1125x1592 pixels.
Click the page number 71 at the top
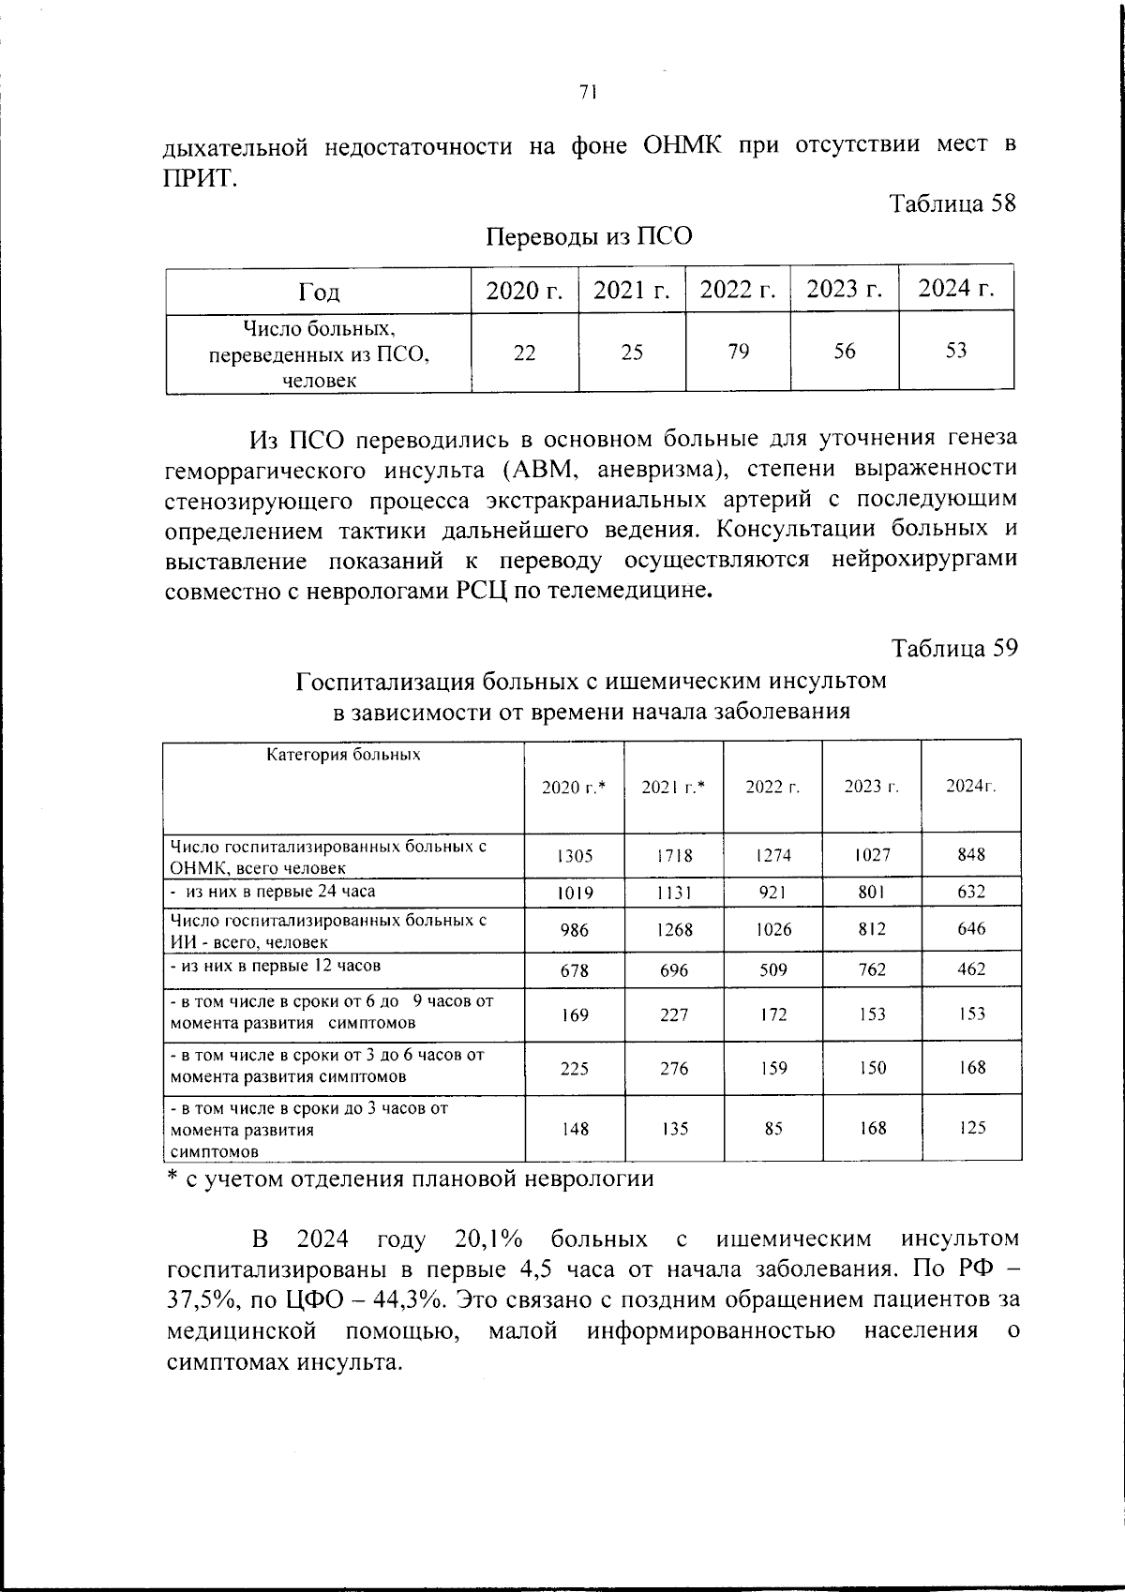click(588, 92)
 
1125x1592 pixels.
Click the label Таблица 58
click(952, 203)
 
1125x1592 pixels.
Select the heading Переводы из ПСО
click(589, 236)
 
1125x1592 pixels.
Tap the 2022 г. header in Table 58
click(738, 291)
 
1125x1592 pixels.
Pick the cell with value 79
click(738, 352)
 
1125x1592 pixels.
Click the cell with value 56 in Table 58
click(844, 351)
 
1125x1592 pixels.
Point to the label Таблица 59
click(953, 648)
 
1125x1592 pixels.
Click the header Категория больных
click(344, 755)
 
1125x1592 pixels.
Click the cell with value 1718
click(673, 856)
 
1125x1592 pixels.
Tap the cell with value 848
click(970, 855)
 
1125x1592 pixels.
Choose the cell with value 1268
click(673, 930)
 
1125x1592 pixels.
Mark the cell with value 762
click(872, 969)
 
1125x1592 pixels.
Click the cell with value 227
click(673, 1015)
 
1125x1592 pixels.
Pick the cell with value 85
click(772, 1129)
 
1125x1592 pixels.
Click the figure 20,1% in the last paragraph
click(487, 1239)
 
